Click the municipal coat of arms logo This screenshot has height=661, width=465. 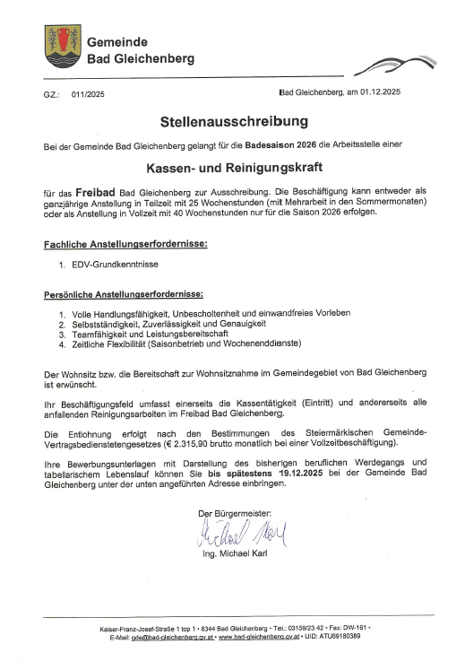(63, 45)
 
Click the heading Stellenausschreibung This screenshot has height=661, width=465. (233, 120)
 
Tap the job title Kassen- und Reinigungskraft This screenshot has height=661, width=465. (233, 167)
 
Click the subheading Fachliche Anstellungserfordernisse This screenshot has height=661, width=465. (125, 244)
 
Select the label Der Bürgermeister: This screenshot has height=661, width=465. (234, 512)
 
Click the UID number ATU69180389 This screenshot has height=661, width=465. (335, 636)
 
